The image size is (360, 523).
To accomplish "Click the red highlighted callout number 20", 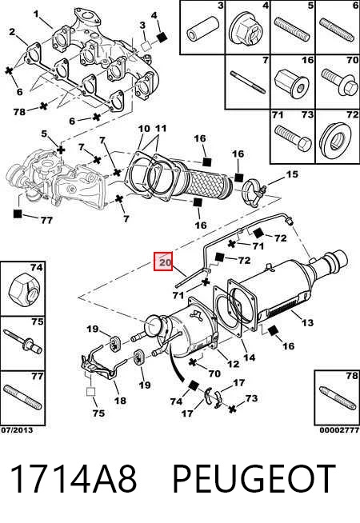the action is [163, 261].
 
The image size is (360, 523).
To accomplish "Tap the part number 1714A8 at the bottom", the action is [74, 479].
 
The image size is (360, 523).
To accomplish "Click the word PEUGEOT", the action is [254, 479].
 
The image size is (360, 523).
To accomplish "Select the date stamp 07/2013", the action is [17, 430].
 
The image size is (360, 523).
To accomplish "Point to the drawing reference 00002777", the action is [339, 430].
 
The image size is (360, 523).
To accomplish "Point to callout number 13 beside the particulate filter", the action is [307, 322].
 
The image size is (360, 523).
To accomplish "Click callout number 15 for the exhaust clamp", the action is [292, 174].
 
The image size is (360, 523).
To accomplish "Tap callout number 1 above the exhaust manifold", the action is [36, 14].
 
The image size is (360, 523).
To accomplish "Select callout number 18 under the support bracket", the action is [120, 400].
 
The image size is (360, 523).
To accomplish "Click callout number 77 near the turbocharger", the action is [46, 220].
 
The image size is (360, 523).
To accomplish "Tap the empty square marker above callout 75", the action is [90, 391].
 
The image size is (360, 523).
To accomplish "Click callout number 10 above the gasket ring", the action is [144, 129].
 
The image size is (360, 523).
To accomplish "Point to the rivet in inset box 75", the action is [22, 342].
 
